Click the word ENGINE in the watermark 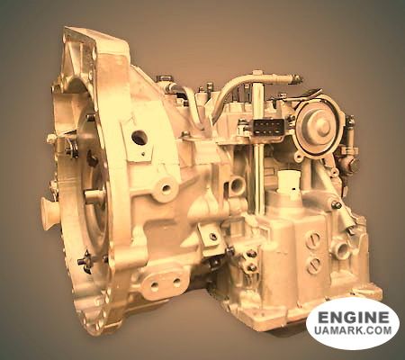click(x=353, y=317)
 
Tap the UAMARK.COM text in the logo click(x=353, y=330)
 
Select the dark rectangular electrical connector click(x=268, y=127)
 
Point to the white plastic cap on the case click(x=289, y=183)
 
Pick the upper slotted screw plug click(x=313, y=240)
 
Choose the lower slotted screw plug click(x=314, y=264)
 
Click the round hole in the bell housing click(x=139, y=138)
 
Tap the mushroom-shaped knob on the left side click(x=49, y=209)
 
